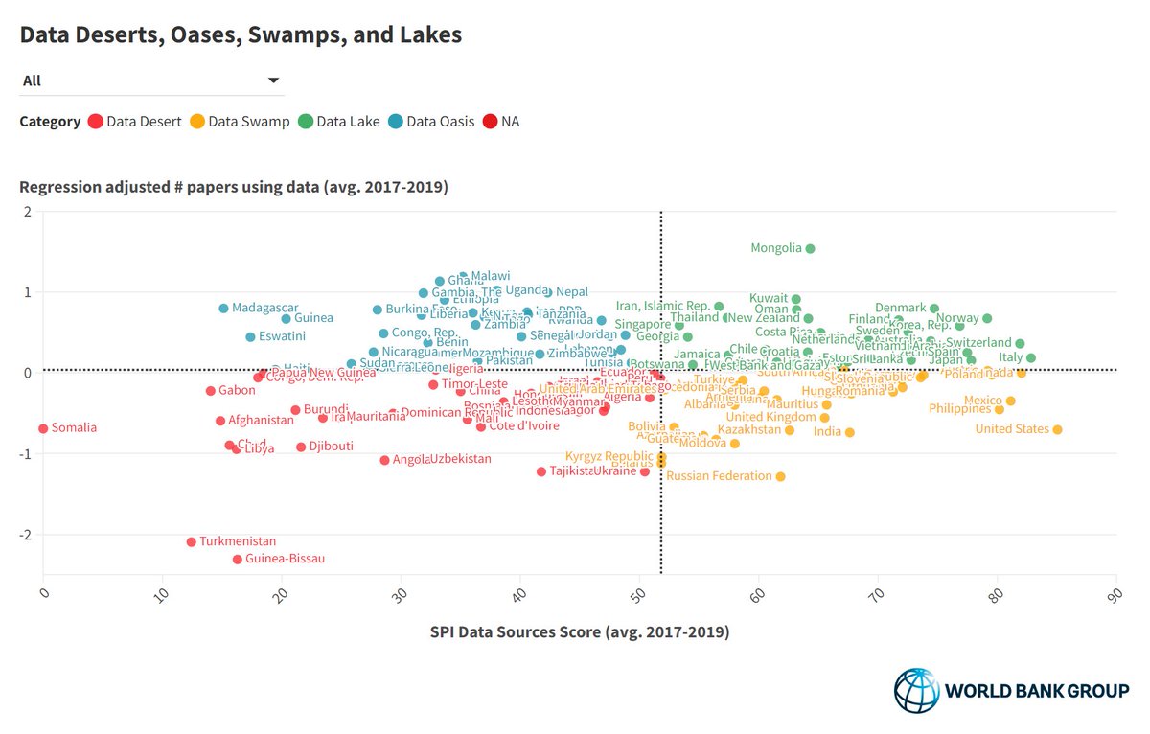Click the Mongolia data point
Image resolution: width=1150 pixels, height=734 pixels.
tap(810, 248)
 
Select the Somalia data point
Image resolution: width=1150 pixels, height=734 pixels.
tap(43, 428)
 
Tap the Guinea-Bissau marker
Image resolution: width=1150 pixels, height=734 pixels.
tap(237, 559)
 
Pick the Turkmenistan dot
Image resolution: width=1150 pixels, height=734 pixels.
tap(191, 541)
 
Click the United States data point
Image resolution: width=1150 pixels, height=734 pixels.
tap(1057, 429)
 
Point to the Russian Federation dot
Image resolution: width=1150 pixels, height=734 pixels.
tap(780, 476)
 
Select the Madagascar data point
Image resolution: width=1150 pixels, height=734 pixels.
tap(223, 308)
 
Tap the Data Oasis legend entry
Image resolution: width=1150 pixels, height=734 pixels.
tap(440, 122)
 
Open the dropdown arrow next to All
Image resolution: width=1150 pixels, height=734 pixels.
tap(273, 80)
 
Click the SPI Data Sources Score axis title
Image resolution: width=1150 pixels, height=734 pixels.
tap(579, 632)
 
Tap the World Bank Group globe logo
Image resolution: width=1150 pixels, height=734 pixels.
tap(916, 690)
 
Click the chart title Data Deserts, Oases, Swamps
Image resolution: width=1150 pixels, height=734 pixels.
tap(241, 35)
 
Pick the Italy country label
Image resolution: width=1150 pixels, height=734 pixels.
tap(1010, 357)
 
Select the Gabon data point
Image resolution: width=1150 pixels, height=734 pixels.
tap(211, 390)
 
